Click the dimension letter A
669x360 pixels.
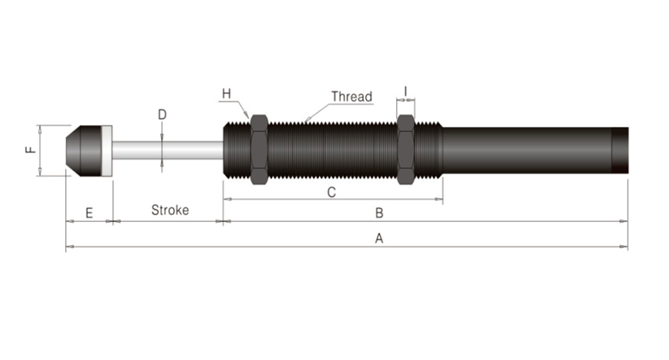point(378,239)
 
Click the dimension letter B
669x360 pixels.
point(378,212)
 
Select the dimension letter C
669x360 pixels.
point(331,192)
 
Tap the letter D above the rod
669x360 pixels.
point(162,114)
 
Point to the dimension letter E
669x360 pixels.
point(88,212)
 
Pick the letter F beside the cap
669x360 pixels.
point(31,150)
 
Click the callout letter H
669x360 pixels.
point(226,93)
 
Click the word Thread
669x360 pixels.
point(352,97)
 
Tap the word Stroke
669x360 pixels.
point(170,210)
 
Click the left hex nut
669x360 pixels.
point(258,149)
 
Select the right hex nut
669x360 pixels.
point(406,149)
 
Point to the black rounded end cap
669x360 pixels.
point(84,150)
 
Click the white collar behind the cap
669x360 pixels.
point(107,150)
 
